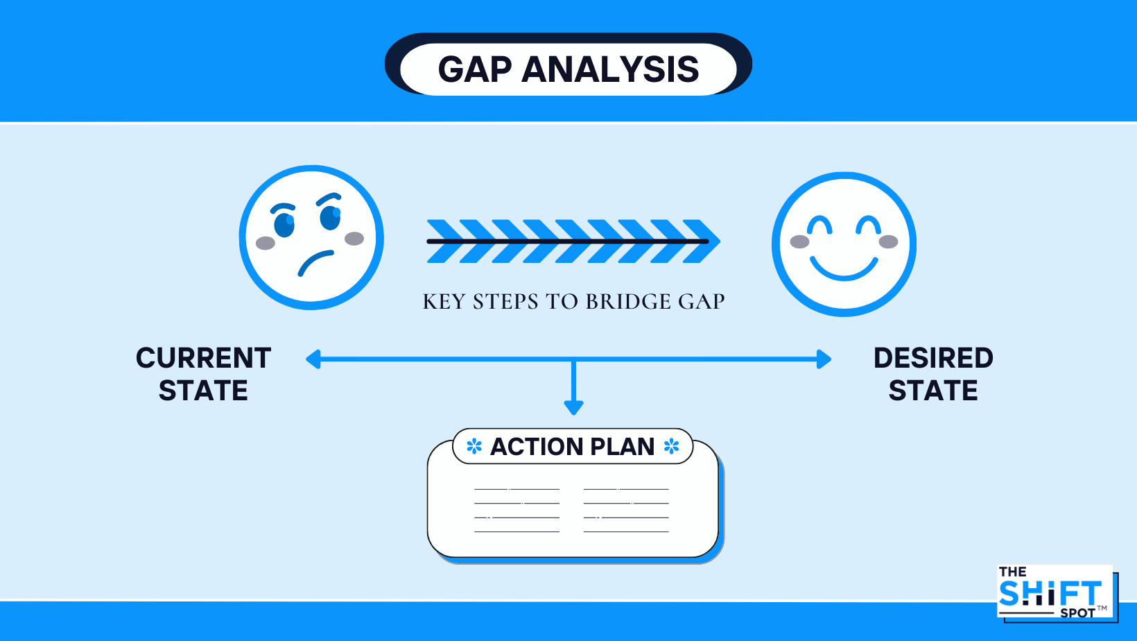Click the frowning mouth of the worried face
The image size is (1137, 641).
point(315,262)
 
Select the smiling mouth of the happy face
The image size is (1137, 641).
point(844,269)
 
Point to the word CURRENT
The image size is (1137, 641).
point(203,358)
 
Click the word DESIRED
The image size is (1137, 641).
point(933,358)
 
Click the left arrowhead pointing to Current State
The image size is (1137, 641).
point(313,359)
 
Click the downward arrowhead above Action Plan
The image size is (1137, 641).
point(573,407)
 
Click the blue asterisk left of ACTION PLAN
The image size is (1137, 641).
point(474,446)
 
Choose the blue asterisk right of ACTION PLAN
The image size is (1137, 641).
point(671,446)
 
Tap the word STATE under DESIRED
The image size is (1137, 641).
point(933,391)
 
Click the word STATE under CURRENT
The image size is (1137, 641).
point(203,391)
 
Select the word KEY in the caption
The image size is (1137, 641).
point(443,302)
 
